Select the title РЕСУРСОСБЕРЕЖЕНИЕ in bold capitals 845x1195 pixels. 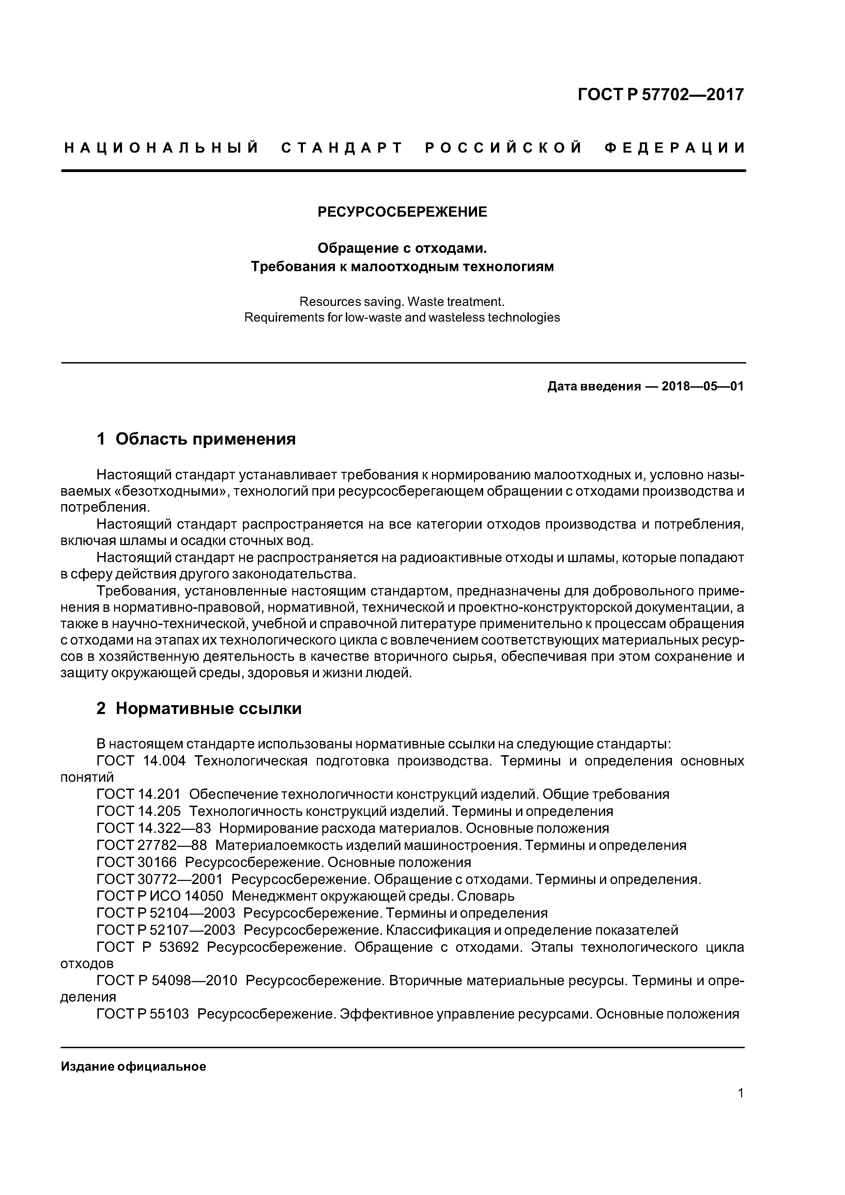point(402,212)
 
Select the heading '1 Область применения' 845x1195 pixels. point(196,439)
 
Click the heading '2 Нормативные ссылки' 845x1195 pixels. point(199,708)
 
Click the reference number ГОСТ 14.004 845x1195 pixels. point(141,761)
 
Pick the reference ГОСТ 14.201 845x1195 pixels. point(138,794)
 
